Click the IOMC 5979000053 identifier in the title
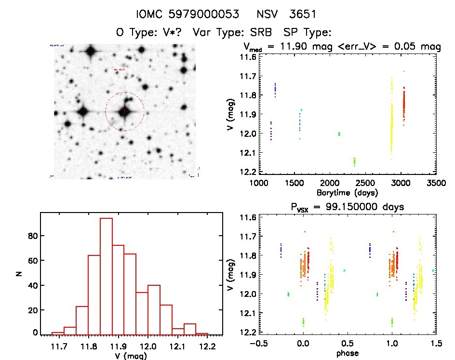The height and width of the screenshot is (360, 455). pos(188,14)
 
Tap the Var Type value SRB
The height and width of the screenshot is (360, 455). pos(260,33)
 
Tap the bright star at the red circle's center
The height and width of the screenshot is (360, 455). pos(124,111)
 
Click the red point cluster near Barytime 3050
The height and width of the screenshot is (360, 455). pos(404,104)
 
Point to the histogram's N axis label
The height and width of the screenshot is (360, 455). pos(20,273)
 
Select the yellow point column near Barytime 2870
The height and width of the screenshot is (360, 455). pos(391,120)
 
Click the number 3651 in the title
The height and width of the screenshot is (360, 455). pos(301,14)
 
